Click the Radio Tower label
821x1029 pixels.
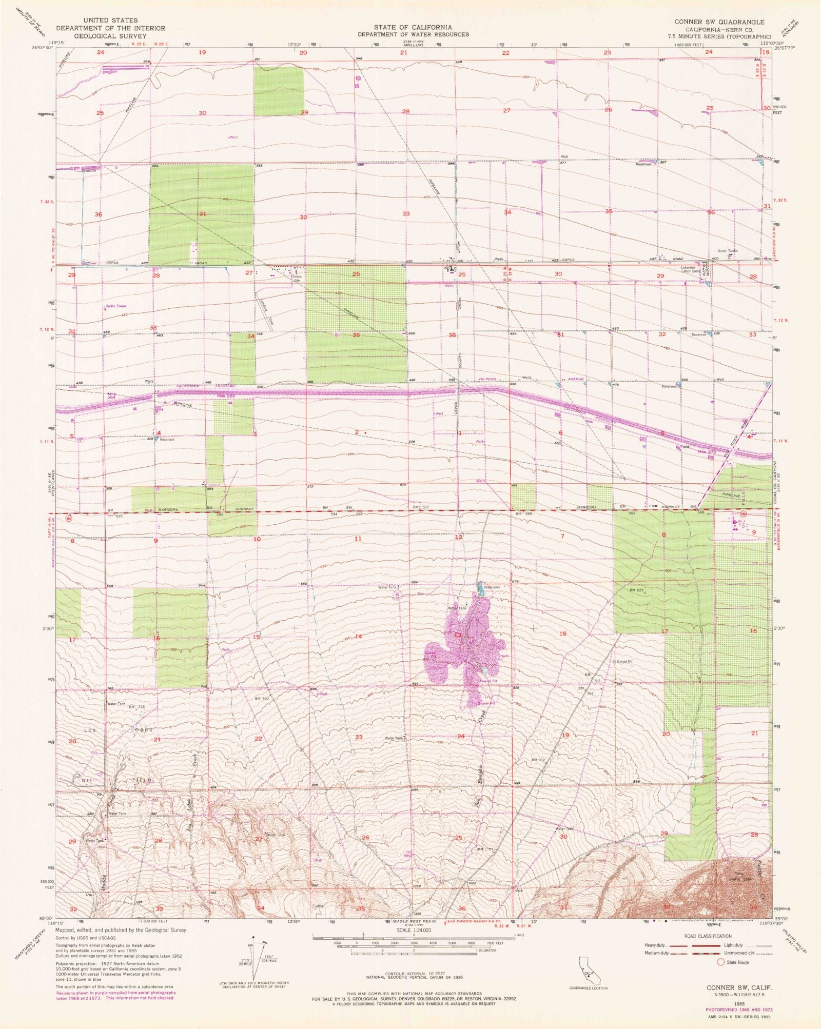pyautogui.click(x=115, y=306)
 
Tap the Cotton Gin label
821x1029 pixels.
pyautogui.click(x=296, y=279)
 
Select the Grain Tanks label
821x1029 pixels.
pyautogui.click(x=728, y=251)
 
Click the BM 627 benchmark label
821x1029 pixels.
pyautogui.click(x=636, y=590)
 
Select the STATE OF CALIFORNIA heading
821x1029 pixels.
pyautogui.click(x=413, y=27)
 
